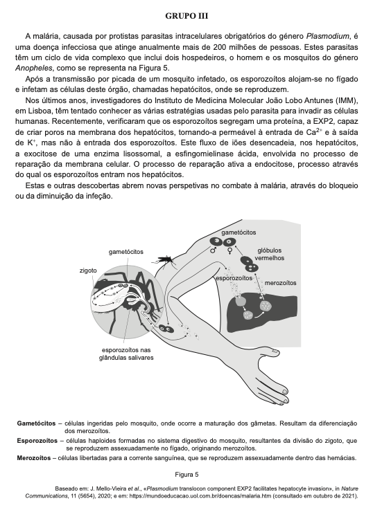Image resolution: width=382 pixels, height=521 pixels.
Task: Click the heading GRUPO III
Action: (x=191, y=15)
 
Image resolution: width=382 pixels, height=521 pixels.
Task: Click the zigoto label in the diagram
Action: (x=89, y=271)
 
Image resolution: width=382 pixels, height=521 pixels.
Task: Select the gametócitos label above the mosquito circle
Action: (x=126, y=251)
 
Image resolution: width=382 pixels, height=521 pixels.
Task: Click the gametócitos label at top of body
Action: (x=238, y=232)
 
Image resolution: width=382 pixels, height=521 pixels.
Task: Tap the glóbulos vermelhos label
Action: (x=275, y=254)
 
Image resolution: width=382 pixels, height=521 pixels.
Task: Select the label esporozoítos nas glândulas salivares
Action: (x=126, y=354)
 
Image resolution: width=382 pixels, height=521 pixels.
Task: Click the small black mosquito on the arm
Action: (x=164, y=259)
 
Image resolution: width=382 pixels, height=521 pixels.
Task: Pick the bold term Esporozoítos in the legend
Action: (x=37, y=440)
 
